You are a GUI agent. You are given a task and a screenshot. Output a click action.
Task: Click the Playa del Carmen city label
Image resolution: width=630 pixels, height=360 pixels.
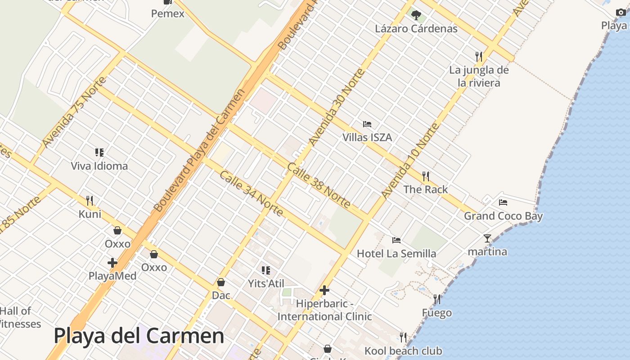click(x=139, y=336)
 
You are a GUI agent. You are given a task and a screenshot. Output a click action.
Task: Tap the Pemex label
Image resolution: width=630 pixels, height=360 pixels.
click(x=167, y=13)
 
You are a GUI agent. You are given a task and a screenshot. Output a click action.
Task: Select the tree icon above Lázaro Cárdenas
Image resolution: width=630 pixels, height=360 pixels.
click(x=416, y=15)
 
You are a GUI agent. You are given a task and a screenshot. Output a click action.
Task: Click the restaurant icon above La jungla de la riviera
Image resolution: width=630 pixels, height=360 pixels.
click(x=479, y=56)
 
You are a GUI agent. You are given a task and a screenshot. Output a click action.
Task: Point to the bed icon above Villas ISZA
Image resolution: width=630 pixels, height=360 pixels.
click(x=367, y=124)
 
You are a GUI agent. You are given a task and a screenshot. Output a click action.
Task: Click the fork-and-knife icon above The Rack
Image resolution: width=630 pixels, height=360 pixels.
click(x=425, y=175)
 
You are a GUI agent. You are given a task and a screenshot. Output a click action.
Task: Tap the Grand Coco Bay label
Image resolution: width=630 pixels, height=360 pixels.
click(x=503, y=216)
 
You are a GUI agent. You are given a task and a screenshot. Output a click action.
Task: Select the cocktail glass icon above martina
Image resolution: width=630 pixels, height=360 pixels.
click(x=487, y=238)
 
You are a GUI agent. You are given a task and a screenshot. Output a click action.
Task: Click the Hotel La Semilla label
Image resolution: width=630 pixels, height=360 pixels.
click(x=396, y=254)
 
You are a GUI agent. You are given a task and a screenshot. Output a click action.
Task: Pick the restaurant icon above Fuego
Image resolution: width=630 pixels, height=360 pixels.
click(x=436, y=299)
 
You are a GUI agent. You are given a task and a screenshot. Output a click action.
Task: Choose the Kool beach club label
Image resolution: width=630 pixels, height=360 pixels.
click(x=403, y=351)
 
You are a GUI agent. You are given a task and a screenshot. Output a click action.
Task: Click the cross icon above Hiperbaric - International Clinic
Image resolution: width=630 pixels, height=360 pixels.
click(x=324, y=290)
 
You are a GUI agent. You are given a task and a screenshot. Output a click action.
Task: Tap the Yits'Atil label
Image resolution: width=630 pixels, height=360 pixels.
click(x=266, y=283)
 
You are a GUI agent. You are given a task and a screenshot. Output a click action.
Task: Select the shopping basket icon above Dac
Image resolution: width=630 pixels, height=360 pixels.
click(x=221, y=282)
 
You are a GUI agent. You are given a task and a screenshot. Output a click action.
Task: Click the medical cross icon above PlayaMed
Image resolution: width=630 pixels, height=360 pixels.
click(x=112, y=262)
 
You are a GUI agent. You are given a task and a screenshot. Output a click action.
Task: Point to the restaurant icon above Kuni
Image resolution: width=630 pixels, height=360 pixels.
click(x=90, y=200)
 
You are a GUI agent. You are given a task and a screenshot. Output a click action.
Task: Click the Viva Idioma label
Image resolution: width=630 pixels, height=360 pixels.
click(x=99, y=166)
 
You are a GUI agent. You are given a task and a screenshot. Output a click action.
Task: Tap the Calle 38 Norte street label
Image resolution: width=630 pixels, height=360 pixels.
click(x=319, y=185)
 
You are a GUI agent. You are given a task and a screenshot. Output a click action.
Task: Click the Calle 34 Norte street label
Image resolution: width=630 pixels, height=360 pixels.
click(x=251, y=193)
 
